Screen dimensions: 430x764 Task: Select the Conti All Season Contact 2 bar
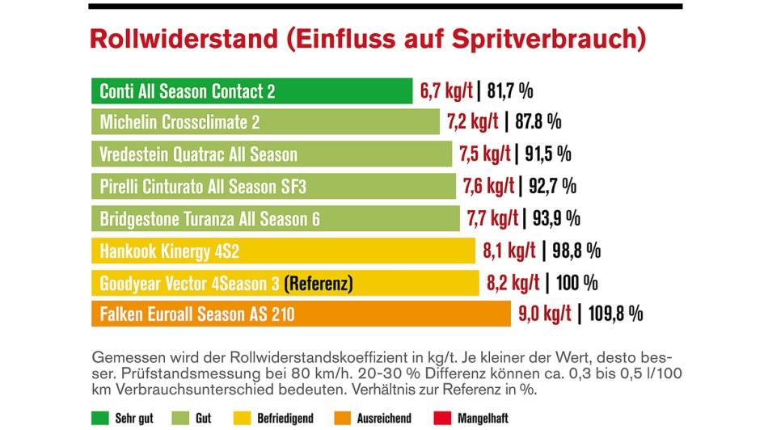pos(251,91)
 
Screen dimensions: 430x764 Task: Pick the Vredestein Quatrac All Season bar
pos(271,154)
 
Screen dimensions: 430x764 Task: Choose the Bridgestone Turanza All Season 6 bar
pos(276,218)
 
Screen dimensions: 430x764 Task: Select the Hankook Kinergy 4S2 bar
pos(283,251)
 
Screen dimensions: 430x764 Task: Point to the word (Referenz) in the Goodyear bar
pos(319,283)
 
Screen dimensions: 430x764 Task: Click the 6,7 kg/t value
pos(446,91)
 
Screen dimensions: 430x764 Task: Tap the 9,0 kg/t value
pos(544,314)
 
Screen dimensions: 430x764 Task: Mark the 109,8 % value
pos(612,314)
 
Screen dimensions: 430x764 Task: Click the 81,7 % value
pos(509,91)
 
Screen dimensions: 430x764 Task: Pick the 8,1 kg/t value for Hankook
pos(509,251)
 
